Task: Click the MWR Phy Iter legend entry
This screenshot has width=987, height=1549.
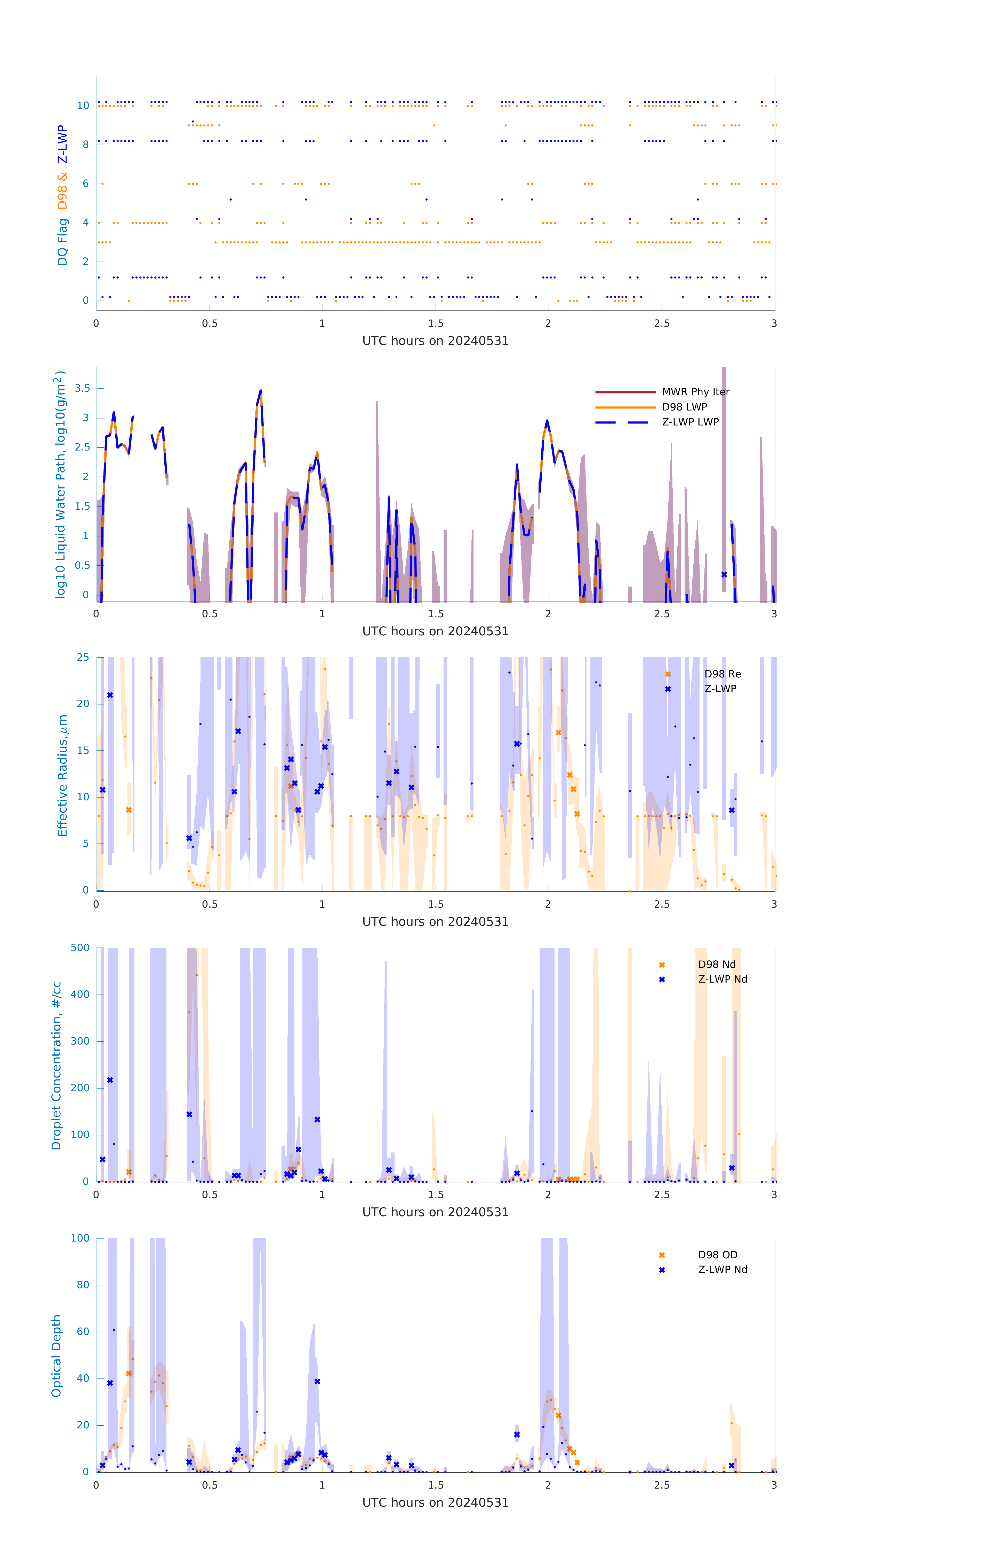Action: [x=695, y=392]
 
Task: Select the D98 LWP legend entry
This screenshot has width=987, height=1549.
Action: [x=684, y=407]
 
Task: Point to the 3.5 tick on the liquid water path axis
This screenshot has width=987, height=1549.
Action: [x=82, y=389]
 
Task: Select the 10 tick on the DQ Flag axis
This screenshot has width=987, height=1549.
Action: [x=83, y=106]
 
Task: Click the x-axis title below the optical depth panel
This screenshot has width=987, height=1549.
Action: [x=435, y=1503]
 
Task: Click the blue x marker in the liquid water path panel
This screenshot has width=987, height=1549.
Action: [x=724, y=574]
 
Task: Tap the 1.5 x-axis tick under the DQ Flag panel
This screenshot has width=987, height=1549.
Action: [x=436, y=323]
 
